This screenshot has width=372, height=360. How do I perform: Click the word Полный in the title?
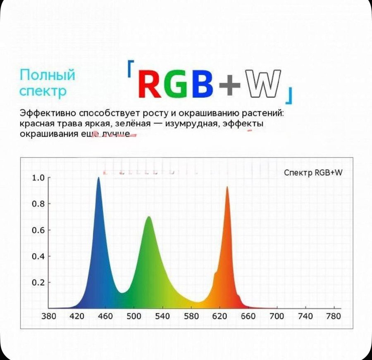point(48,75)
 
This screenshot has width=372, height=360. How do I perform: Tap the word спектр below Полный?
point(43,91)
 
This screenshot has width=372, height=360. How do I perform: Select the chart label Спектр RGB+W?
point(313,173)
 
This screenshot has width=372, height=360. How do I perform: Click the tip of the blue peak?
point(98,178)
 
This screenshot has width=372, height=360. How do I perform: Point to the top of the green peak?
point(148,217)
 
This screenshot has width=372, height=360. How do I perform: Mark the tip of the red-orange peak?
point(227,187)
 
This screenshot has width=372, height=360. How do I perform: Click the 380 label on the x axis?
point(49,316)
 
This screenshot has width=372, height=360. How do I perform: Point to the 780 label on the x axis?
point(333,316)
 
